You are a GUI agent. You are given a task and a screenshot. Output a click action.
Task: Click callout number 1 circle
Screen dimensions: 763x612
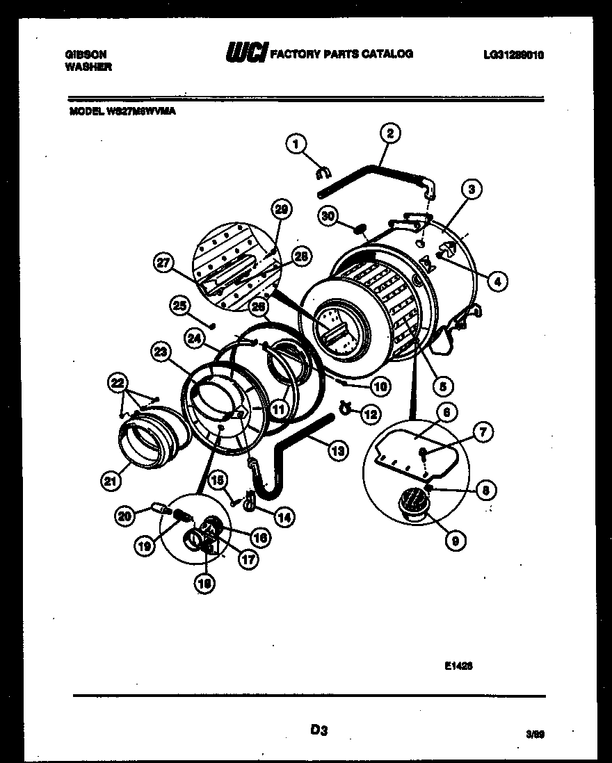[296, 144]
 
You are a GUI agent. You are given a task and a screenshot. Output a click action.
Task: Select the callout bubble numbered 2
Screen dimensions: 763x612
[389, 133]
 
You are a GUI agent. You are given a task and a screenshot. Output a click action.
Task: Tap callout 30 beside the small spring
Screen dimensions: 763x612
[328, 216]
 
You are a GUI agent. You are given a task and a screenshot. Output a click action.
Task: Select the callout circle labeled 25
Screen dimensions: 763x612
[180, 305]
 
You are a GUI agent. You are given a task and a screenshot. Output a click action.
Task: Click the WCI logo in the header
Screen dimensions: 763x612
[245, 54]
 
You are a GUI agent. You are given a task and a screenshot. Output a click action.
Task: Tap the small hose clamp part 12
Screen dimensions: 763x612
[344, 409]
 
